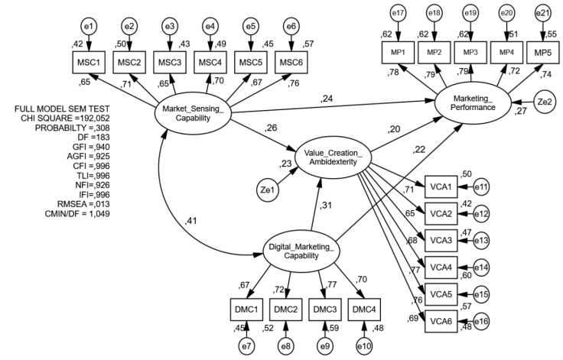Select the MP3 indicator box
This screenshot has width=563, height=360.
tap(471, 52)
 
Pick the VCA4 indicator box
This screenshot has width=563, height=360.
tap(439, 267)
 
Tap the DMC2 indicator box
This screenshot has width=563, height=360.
tap(285, 310)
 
